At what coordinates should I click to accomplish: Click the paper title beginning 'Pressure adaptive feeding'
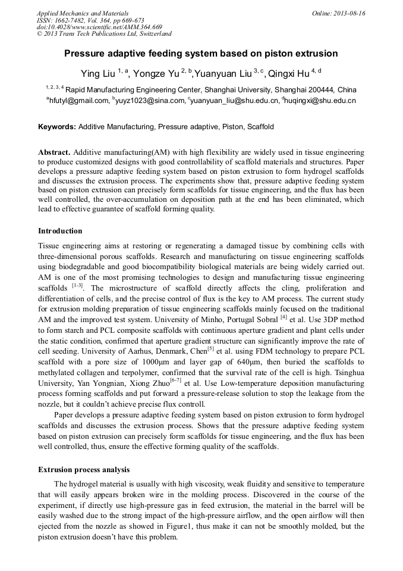tap(201, 54)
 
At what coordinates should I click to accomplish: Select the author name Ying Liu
tap(98, 73)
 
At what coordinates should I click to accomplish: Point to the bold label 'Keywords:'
tap(57, 127)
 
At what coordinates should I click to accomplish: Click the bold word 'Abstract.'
tap(55, 153)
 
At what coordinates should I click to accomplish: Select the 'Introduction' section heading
tap(60, 230)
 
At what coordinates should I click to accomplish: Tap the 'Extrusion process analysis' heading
tap(84, 470)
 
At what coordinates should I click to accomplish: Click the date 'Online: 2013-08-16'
tap(338, 13)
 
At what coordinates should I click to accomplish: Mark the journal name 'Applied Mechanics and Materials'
tap(83, 13)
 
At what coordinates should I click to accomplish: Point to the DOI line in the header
tap(99, 27)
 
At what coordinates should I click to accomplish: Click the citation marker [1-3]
tap(77, 286)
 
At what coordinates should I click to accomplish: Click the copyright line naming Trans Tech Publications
tap(104, 34)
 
